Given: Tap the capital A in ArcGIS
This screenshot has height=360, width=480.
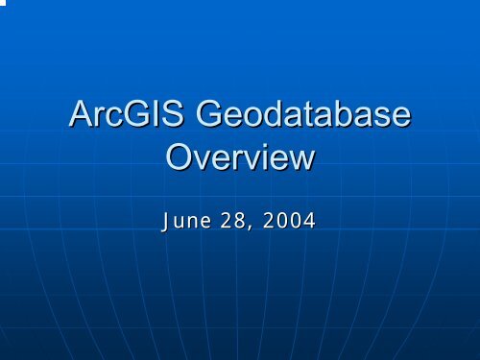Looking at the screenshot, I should pyautogui.click(x=81, y=120).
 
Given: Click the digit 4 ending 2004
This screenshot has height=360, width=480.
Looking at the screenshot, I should pyautogui.click(x=309, y=221).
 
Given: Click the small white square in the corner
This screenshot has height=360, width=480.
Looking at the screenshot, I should pyautogui.click(x=3, y=3).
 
